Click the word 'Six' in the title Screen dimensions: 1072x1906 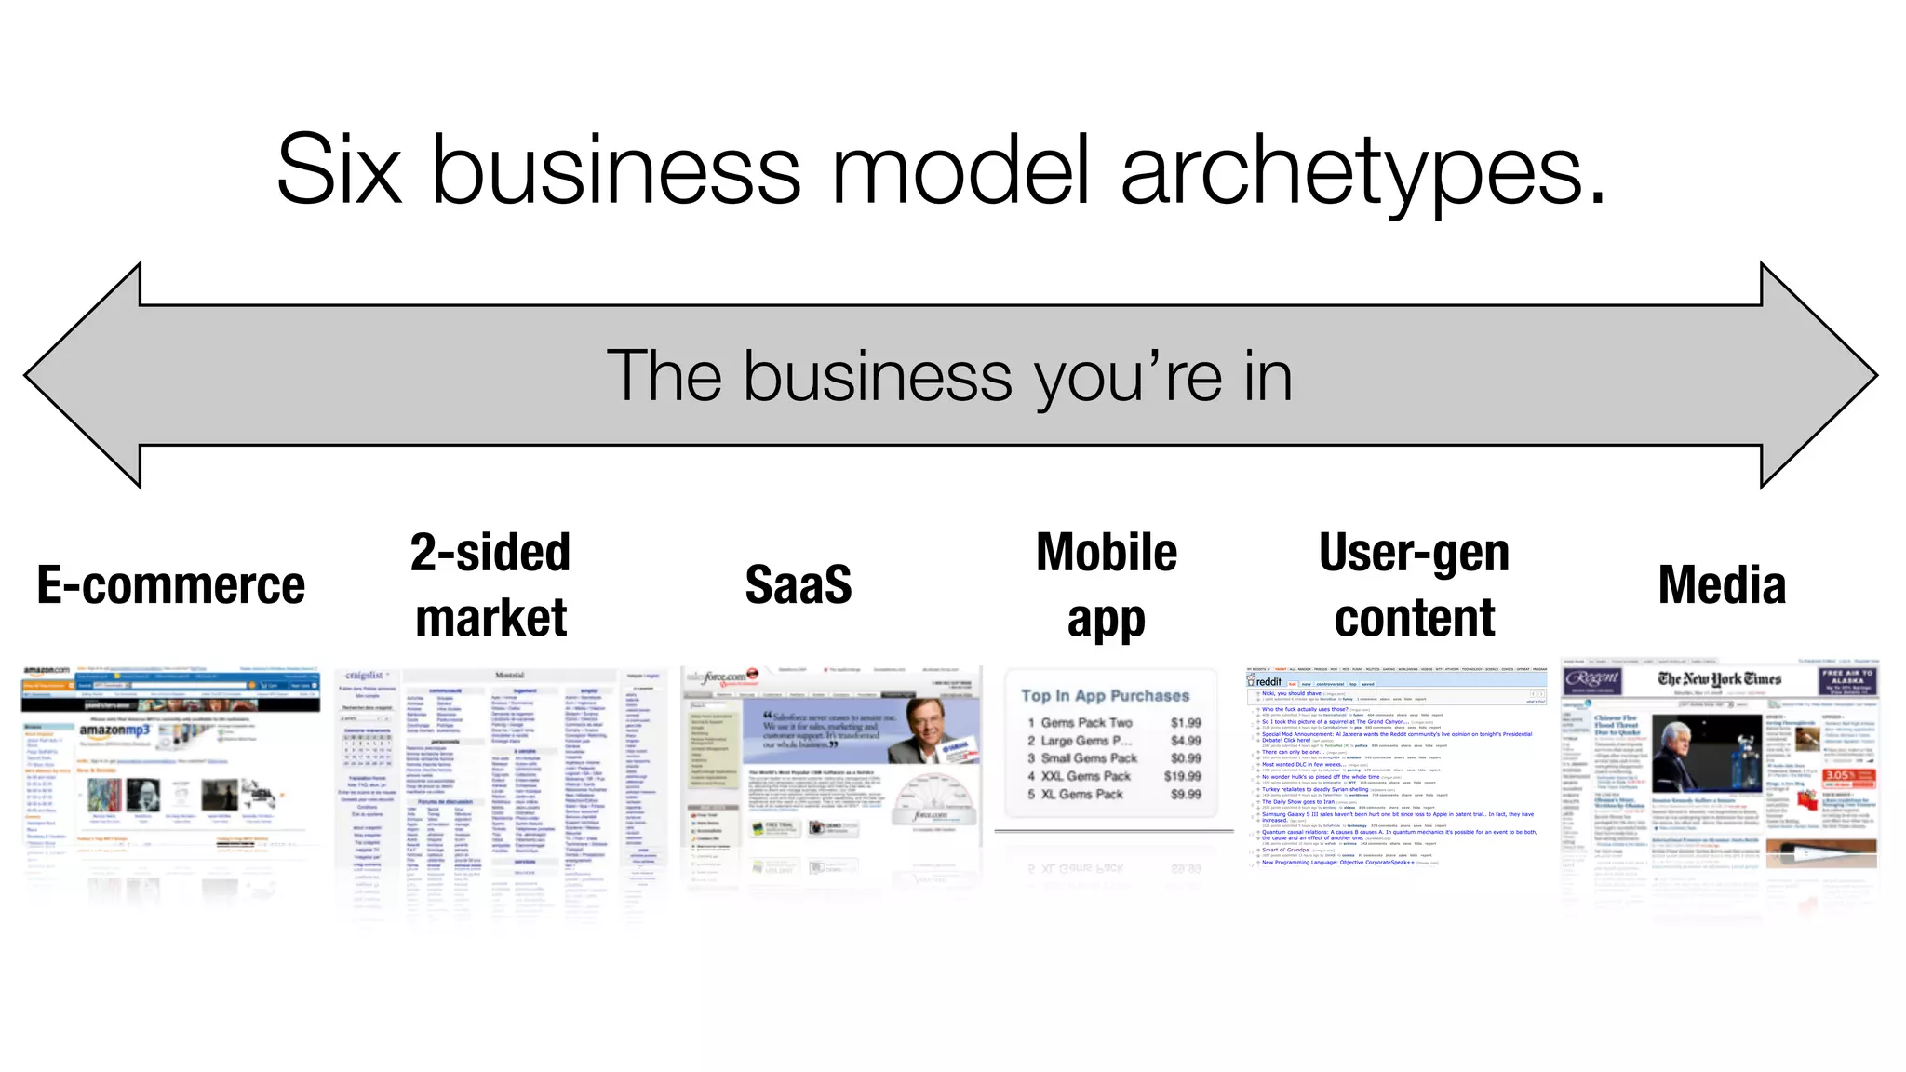[x=340, y=169]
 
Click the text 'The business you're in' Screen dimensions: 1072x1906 [x=949, y=377]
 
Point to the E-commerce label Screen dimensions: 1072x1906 [x=171, y=585]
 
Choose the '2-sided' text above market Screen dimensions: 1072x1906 [x=490, y=553]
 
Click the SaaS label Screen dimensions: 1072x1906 [x=799, y=585]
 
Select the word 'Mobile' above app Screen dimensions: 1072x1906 [x=1107, y=553]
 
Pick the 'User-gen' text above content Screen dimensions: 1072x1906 [x=1414, y=553]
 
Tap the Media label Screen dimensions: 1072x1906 [x=1722, y=585]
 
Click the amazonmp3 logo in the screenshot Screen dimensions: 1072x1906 [x=114, y=730]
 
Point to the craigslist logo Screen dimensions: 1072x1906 [x=364, y=675]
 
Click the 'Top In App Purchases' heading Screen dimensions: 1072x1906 [x=1105, y=696]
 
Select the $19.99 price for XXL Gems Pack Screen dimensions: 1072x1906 [x=1182, y=776]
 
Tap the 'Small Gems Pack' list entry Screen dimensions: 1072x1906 [x=1089, y=758]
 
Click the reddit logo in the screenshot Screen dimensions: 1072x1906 [x=1268, y=682]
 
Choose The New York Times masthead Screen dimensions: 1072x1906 [x=1719, y=679]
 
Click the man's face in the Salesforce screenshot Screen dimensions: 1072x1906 [x=931, y=735]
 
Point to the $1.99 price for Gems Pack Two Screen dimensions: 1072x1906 [x=1186, y=723]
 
